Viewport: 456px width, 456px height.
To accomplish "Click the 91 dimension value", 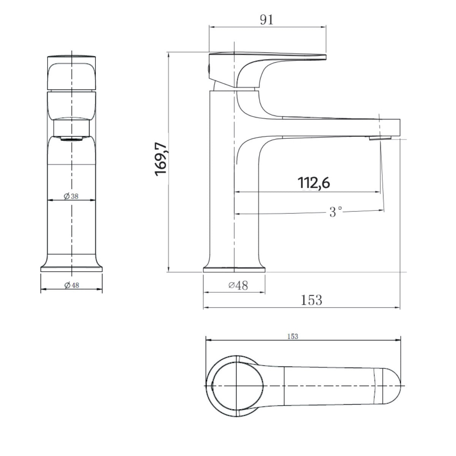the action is [267, 20].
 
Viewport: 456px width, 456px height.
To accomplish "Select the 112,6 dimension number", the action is [313, 183].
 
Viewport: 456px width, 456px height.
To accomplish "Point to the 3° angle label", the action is [336, 212].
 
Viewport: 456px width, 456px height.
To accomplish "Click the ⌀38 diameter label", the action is [71, 196].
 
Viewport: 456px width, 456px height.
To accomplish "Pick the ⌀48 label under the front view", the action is [72, 285].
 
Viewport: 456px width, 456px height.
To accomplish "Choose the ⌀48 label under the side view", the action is [238, 285].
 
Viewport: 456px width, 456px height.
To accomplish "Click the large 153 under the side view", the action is [312, 300].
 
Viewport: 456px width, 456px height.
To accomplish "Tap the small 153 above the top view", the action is [293, 337].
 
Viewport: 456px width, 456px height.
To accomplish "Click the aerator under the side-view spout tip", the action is [380, 138].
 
